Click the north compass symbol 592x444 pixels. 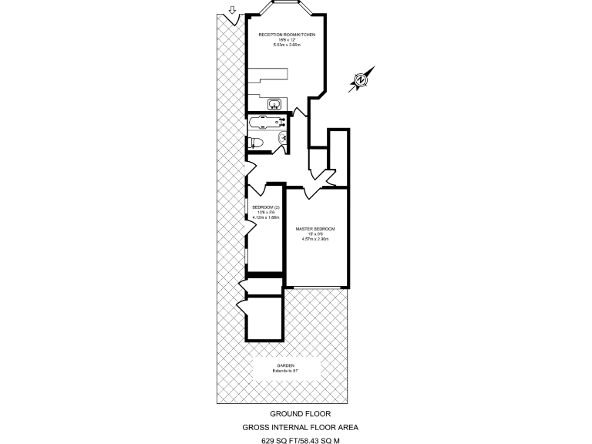pos(361,80)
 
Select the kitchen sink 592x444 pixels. pos(274,104)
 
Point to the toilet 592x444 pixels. pos(257,141)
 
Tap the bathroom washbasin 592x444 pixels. pos(284,139)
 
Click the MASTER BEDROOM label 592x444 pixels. pos(315,230)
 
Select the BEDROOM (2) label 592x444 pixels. pos(265,207)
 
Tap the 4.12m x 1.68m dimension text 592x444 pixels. pos(265,217)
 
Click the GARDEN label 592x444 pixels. pos(285,366)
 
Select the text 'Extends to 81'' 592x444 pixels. pos(285,372)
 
